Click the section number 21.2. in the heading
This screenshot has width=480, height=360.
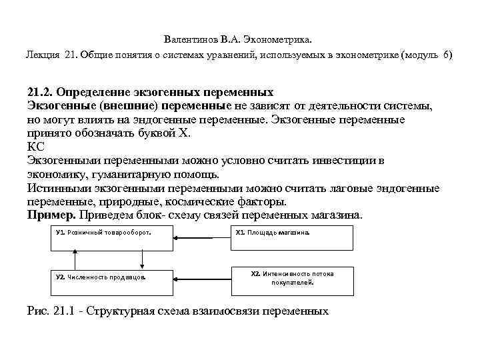pyautogui.click(x=42, y=91)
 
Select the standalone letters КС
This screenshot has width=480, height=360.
pyautogui.click(x=36, y=147)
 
